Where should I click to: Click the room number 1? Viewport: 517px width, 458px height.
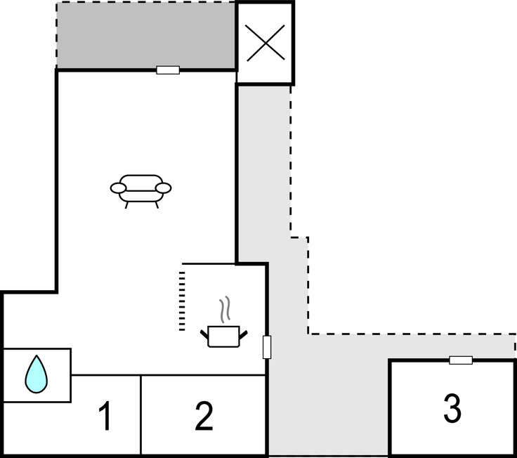pos(105,416)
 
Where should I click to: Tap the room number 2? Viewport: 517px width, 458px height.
pos(204,416)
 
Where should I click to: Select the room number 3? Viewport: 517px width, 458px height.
pos(452,408)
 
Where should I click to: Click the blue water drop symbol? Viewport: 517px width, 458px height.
pos(37,374)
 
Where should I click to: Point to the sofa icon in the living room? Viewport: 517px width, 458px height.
pos(140,191)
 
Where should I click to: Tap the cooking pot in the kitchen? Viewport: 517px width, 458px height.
pos(224,336)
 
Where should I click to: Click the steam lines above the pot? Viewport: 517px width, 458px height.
pos(225,309)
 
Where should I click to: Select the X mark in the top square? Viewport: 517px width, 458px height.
pos(265,43)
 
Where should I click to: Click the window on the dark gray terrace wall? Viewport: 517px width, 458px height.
pos(168,70)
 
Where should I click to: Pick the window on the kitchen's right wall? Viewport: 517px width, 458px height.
pos(267,347)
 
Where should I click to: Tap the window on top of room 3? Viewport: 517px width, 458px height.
pos(461,360)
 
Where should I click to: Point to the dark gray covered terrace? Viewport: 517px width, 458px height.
pos(146,36)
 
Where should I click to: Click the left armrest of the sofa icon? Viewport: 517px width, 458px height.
pos(118,188)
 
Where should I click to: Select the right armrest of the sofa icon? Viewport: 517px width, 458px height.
pos(163,188)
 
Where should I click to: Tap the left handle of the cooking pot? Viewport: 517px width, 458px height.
pos(204,334)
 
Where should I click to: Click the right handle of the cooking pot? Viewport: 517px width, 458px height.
pos(243,334)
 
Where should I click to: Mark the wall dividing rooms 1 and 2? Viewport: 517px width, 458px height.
pos(140,415)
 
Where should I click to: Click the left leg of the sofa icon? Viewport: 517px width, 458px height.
pos(126,205)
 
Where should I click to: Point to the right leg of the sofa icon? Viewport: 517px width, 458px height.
pos(157,205)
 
